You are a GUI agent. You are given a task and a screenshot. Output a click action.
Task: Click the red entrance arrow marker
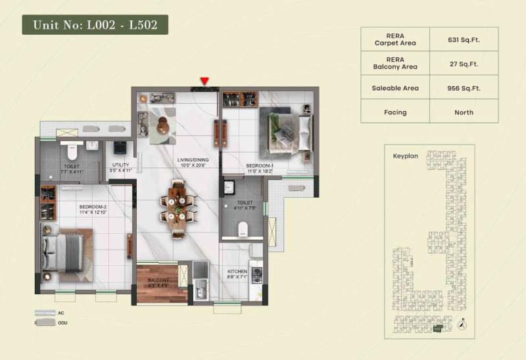(x=204, y=81)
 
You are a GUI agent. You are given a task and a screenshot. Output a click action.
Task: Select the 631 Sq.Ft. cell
(x=464, y=39)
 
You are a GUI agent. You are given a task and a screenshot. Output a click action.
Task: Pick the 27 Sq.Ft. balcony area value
(x=464, y=63)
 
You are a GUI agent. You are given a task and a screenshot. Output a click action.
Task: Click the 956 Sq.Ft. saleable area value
(x=464, y=87)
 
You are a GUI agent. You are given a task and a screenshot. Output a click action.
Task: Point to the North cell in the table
(x=464, y=112)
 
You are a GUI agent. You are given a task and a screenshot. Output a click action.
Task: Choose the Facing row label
(x=395, y=112)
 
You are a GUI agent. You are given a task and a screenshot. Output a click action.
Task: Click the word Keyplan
(x=406, y=157)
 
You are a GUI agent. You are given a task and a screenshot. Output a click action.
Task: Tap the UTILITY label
(x=120, y=165)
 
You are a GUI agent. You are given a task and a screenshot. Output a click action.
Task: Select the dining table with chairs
(x=178, y=207)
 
